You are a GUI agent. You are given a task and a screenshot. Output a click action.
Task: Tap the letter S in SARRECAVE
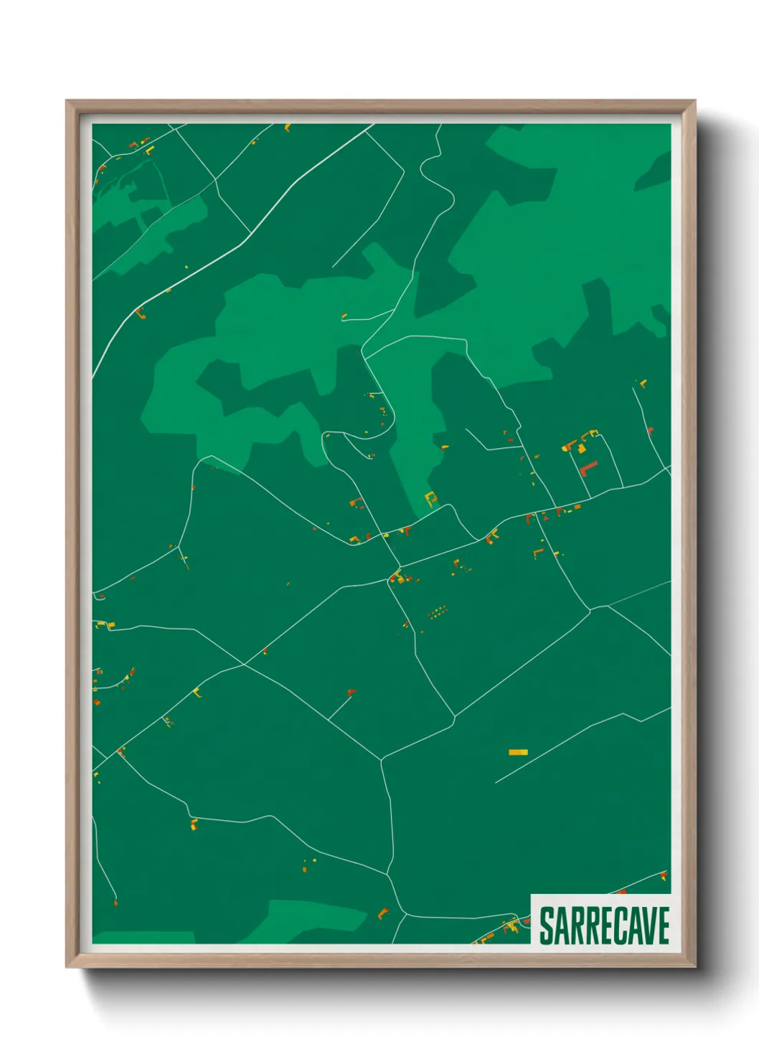coord(547,926)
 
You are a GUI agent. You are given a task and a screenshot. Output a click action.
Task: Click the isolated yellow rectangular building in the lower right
coord(518,752)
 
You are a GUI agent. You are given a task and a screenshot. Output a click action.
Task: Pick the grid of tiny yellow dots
coord(437,612)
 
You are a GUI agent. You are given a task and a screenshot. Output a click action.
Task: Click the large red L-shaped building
coord(588,470)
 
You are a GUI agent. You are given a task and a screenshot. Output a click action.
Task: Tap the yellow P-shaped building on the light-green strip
coord(430,497)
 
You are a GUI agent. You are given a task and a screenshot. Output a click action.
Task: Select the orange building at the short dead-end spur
coord(351,692)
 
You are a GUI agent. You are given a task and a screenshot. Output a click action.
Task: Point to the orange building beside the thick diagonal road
coord(140,313)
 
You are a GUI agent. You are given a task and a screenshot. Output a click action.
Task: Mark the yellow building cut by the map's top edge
coord(288,128)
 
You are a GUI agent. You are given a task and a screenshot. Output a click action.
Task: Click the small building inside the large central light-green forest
coord(344,315)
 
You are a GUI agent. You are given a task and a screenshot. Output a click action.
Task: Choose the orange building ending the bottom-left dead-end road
coord(115,902)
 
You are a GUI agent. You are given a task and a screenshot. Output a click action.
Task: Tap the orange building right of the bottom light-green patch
coord(382,913)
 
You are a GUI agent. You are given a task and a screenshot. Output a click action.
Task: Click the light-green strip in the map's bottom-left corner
coord(143,938)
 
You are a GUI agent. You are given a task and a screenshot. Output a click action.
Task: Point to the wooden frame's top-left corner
coord(67,102)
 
